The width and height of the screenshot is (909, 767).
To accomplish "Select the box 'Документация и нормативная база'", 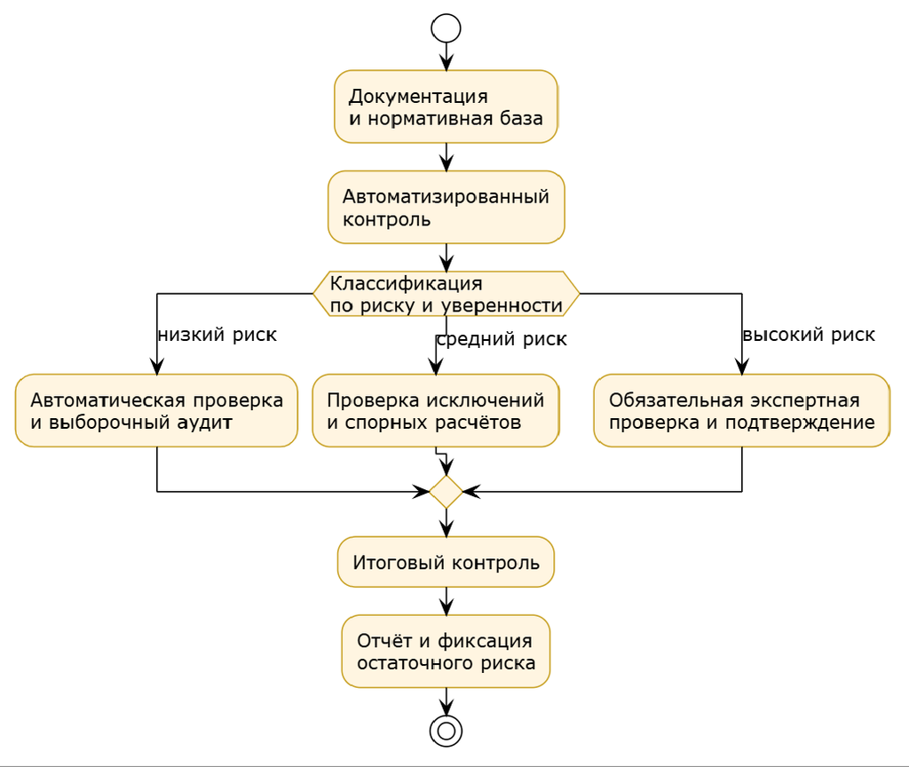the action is click(x=446, y=107).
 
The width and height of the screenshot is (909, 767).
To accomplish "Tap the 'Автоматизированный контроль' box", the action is click(x=446, y=207).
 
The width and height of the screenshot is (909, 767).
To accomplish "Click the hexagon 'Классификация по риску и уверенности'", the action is click(x=446, y=294).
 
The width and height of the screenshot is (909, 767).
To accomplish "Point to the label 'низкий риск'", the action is click(x=217, y=335).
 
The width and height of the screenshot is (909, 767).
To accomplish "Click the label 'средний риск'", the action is click(x=502, y=339).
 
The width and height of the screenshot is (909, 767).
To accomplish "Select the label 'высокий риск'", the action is click(x=809, y=335).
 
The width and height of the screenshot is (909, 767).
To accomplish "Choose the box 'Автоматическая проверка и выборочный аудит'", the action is click(x=156, y=410).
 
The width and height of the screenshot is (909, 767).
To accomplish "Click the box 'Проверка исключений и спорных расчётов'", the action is click(x=435, y=410).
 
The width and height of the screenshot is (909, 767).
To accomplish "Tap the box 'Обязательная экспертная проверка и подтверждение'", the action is click(x=741, y=410).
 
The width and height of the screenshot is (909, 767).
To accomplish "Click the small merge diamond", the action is click(x=446, y=492).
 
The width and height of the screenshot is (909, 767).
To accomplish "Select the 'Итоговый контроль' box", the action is click(x=446, y=562).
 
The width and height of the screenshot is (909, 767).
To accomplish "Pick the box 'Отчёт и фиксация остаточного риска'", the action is click(x=446, y=652).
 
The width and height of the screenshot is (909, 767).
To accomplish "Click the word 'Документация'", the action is click(x=418, y=97).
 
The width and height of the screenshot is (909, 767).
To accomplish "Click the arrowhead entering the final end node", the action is click(x=446, y=708).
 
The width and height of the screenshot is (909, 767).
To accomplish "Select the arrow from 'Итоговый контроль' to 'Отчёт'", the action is click(x=446, y=601).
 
